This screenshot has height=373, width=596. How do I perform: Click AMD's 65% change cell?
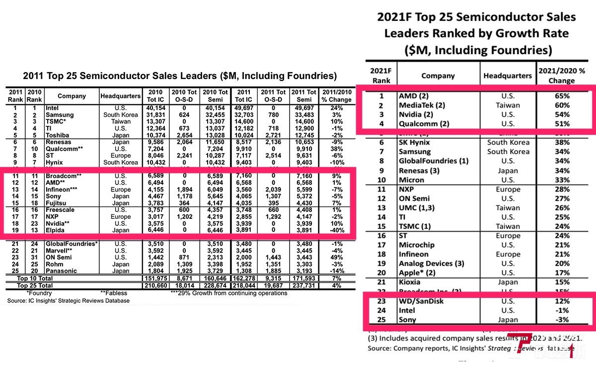[x=562, y=96]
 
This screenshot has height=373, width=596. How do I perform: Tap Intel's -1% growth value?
[x=562, y=310]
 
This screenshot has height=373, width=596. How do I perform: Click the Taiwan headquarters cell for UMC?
[x=508, y=208]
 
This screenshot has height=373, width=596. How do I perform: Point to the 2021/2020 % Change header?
[x=562, y=76]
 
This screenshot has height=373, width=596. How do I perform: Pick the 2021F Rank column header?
[x=381, y=76]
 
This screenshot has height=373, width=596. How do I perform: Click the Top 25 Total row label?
[x=35, y=286]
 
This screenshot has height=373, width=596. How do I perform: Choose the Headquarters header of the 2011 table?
[x=120, y=96]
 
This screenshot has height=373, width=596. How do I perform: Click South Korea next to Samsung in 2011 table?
[x=120, y=115]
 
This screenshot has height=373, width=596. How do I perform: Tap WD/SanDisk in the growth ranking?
[x=421, y=301]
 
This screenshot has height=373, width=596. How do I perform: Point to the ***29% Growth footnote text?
[x=228, y=293]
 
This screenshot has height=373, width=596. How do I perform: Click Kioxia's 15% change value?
[x=562, y=282]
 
